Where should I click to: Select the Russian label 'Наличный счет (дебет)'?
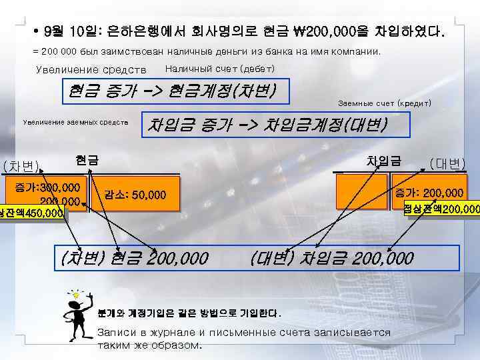[219, 69]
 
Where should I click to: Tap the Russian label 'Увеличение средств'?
[90, 70]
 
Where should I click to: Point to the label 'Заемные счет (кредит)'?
[385, 104]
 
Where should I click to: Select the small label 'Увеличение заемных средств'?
[75, 122]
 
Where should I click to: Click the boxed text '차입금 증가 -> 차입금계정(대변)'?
[266, 123]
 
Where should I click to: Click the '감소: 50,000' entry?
[133, 195]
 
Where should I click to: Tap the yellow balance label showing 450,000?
[32, 213]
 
